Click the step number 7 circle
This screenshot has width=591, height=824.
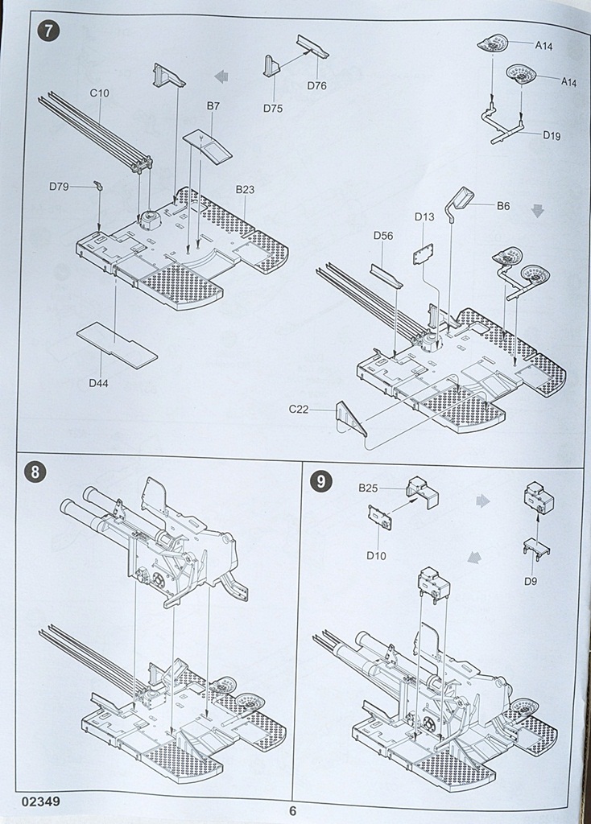click(x=50, y=34)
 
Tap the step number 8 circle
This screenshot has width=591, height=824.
click(x=35, y=472)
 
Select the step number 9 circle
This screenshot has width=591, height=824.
click(x=320, y=481)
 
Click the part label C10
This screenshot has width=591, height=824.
click(x=100, y=93)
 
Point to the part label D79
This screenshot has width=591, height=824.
click(x=59, y=187)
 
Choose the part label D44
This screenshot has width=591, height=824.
click(x=99, y=383)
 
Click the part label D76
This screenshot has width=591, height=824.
click(x=316, y=86)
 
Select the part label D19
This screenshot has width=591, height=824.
click(x=552, y=135)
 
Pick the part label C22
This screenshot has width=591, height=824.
click(x=300, y=410)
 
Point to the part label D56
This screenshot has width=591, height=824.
click(x=383, y=236)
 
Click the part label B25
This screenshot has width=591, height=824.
click(x=368, y=488)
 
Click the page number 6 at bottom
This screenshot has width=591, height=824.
click(x=293, y=810)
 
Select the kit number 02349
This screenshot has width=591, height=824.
click(x=41, y=801)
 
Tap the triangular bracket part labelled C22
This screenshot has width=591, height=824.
click(x=349, y=416)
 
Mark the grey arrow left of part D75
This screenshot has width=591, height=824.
click(x=221, y=76)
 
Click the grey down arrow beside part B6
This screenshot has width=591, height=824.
click(x=538, y=210)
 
